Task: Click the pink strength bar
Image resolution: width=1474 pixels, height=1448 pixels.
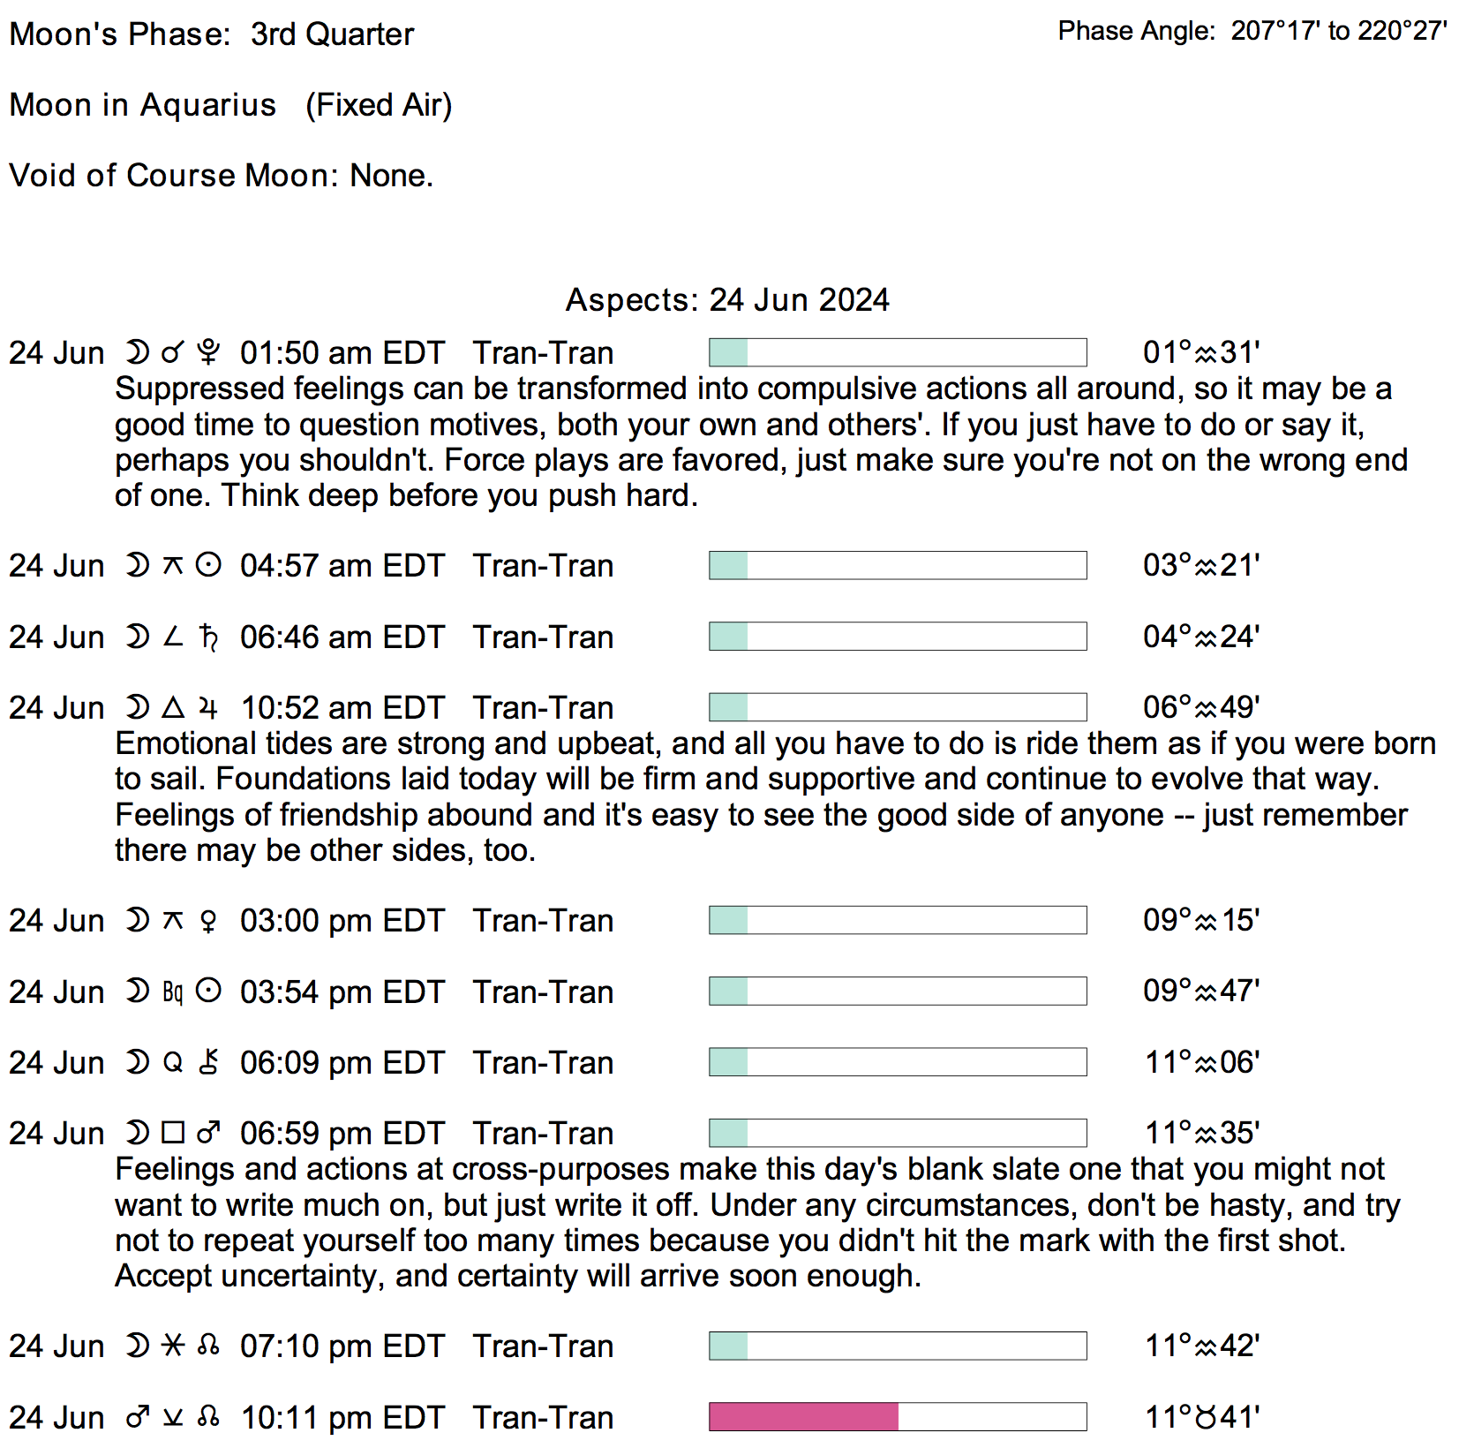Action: click(803, 1416)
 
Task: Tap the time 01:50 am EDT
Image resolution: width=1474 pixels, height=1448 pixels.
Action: click(342, 353)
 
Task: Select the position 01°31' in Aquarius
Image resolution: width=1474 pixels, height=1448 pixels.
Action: click(1200, 353)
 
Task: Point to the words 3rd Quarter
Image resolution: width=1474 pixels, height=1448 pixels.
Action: click(332, 34)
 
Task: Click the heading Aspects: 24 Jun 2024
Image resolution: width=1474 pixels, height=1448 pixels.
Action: click(726, 300)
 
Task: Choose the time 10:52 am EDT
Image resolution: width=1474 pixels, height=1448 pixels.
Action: click(342, 708)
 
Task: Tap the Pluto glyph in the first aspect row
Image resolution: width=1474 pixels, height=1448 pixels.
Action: click(208, 353)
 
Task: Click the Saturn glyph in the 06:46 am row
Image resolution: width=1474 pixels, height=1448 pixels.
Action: click(208, 637)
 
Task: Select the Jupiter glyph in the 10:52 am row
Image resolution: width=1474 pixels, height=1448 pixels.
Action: click(208, 708)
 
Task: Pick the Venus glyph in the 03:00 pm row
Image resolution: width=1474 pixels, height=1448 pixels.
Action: click(208, 921)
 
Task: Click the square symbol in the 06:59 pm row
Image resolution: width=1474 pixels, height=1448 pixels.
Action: click(173, 1133)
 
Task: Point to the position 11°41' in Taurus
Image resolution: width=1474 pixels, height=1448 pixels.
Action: click(1201, 1417)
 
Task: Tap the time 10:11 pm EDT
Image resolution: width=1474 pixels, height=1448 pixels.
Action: click(342, 1417)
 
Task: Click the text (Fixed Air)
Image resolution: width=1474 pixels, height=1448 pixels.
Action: click(379, 105)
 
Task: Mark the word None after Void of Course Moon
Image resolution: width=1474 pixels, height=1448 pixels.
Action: click(391, 176)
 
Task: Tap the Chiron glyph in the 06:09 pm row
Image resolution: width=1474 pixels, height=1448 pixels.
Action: click(208, 1062)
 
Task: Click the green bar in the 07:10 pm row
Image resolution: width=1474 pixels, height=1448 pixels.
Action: click(729, 1346)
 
